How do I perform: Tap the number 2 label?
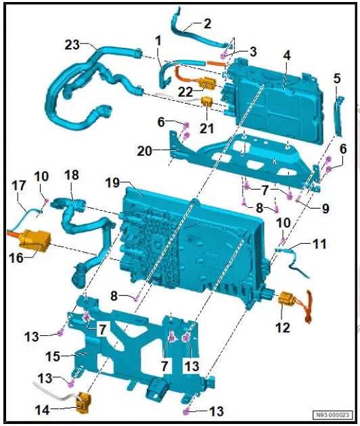207,23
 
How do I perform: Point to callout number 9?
325,209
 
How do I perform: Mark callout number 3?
252,51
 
